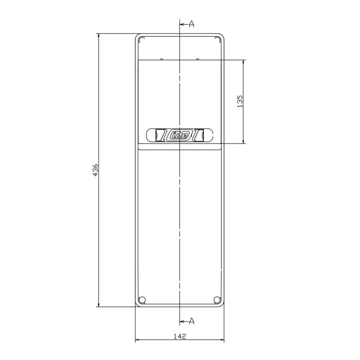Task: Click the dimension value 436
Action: pos(95,171)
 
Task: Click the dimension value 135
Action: pos(240,101)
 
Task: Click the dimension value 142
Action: pos(179,336)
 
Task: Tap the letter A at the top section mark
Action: pos(191,24)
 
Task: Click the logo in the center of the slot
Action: pos(179,136)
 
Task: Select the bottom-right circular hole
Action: pos(215,300)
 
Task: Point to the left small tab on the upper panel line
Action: pos(161,59)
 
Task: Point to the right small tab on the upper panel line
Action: pos(198,59)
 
